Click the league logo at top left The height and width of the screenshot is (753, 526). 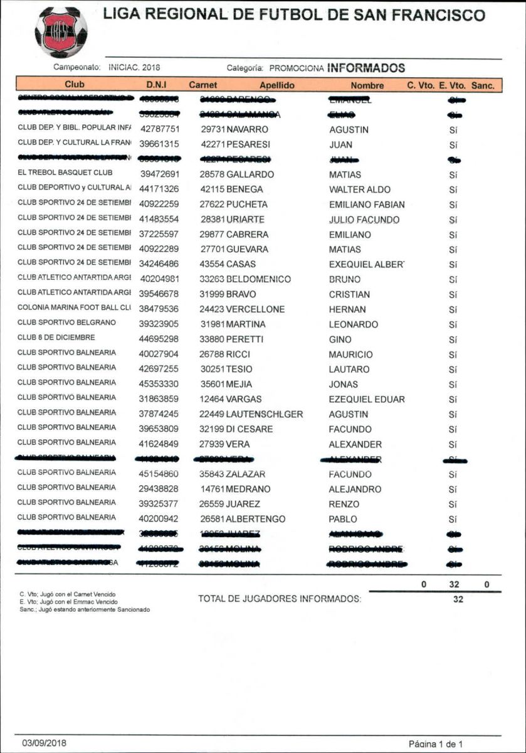coord(61,32)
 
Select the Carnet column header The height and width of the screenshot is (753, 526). coord(203,85)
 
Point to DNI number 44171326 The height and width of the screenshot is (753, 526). coord(159,190)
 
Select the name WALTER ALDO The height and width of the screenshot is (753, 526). coord(359,190)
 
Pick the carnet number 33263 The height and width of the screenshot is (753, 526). coord(212,279)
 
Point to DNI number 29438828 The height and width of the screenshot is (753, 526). coord(159,489)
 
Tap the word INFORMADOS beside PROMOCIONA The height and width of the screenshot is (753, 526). coord(367,68)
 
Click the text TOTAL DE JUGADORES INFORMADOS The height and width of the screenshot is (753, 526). coord(280,599)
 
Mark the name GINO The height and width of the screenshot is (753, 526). coord(340,339)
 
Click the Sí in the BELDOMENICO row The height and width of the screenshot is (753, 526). coord(453,279)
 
